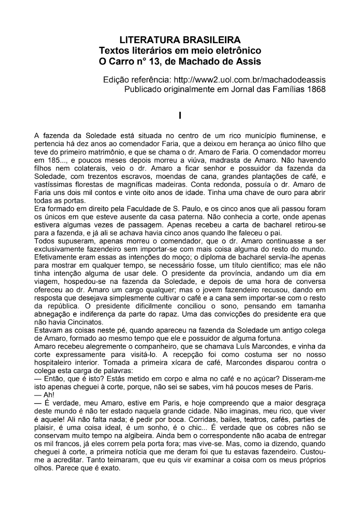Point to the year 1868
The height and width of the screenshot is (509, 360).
316,89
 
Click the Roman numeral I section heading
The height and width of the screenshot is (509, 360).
180,116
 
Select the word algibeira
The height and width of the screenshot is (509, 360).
140,436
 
